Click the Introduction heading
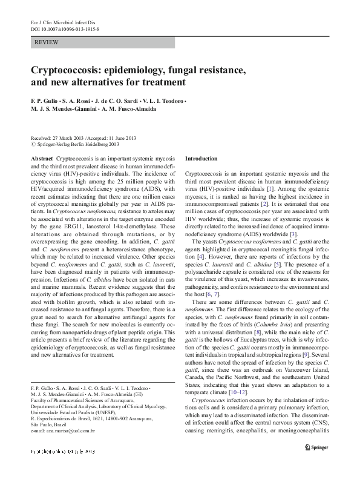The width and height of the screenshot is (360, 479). [x=201, y=158]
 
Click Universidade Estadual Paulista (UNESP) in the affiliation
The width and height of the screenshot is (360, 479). [x=74, y=411]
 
